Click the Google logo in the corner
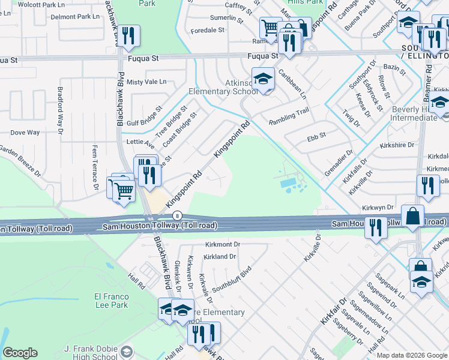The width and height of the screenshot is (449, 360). [x=20, y=353]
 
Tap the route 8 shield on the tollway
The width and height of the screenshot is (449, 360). [x=177, y=215]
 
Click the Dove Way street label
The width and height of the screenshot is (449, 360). [x=25, y=132]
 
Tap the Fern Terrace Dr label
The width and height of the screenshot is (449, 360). [x=95, y=167]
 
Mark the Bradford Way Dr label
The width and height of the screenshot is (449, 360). [x=60, y=110]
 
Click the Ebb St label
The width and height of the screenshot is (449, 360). [x=316, y=136]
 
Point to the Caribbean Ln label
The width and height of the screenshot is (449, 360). [x=292, y=84]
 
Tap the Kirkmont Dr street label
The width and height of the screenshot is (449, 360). [x=222, y=245]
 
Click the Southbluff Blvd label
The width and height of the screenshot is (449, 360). [x=230, y=280]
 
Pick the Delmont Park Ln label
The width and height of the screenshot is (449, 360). [x=75, y=17]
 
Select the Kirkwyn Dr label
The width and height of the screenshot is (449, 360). [x=378, y=207]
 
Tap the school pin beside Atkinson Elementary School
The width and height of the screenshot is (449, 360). [x=263, y=78]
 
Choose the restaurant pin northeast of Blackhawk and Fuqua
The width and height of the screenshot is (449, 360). [x=128, y=37]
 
